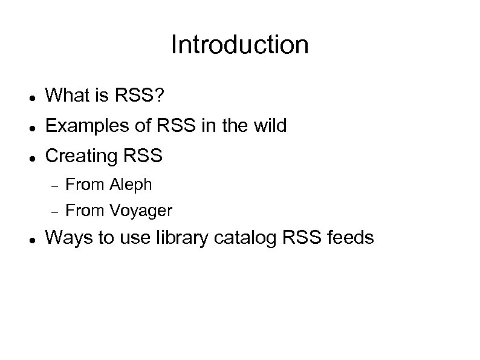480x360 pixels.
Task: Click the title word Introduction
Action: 239,45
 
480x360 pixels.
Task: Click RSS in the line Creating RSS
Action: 144,156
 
